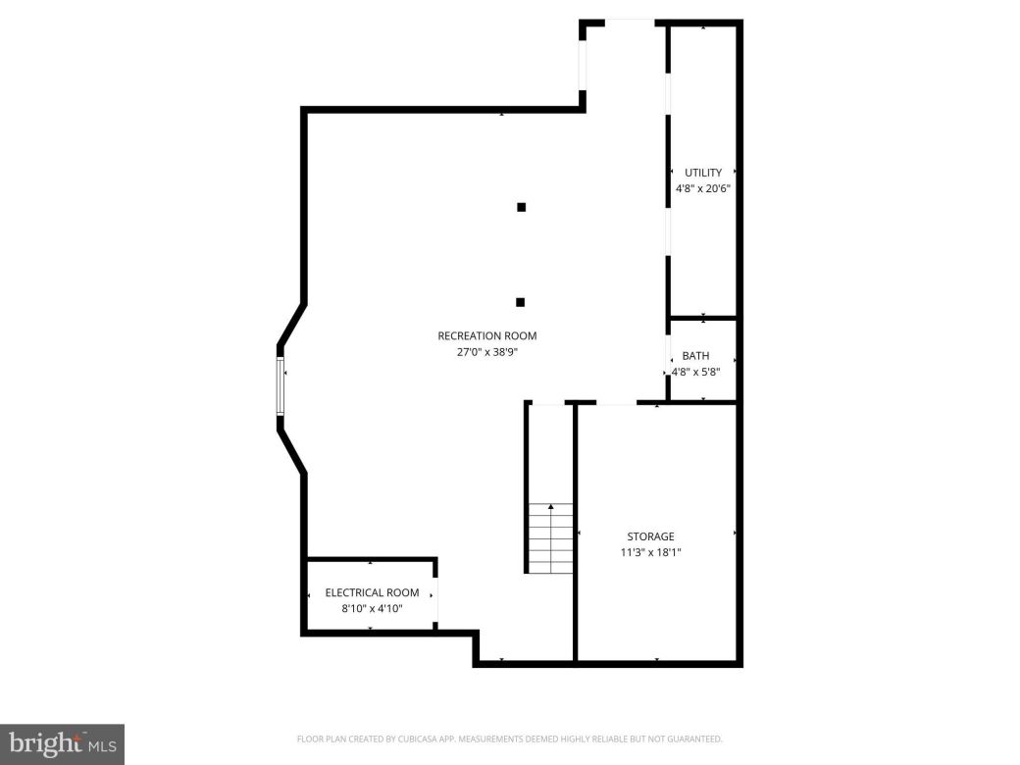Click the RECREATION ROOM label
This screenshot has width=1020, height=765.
coord(486,336)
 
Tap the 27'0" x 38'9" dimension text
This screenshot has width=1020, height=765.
coord(486,352)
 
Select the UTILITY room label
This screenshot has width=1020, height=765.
coord(703,173)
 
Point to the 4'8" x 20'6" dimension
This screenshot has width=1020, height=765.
coord(703,188)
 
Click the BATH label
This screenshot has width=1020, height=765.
coord(695,356)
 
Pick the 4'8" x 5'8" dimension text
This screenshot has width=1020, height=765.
coord(695,372)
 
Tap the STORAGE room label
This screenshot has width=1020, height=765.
coord(651,536)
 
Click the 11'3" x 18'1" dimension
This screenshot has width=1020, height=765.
coord(651,552)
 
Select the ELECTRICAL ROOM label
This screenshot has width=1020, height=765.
coord(372,592)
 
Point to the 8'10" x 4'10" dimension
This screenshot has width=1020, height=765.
coord(372,608)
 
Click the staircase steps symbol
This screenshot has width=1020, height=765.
coord(550,538)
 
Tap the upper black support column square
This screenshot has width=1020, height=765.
coord(522,207)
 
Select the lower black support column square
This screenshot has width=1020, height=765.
coord(521,302)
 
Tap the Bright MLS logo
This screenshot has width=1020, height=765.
coord(62,743)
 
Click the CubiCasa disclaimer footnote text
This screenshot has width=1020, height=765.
coord(509,739)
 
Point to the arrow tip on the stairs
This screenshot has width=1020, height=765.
coord(551,506)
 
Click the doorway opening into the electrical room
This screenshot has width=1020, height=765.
coord(435,599)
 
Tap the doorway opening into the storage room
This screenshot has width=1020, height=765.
coord(616,402)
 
